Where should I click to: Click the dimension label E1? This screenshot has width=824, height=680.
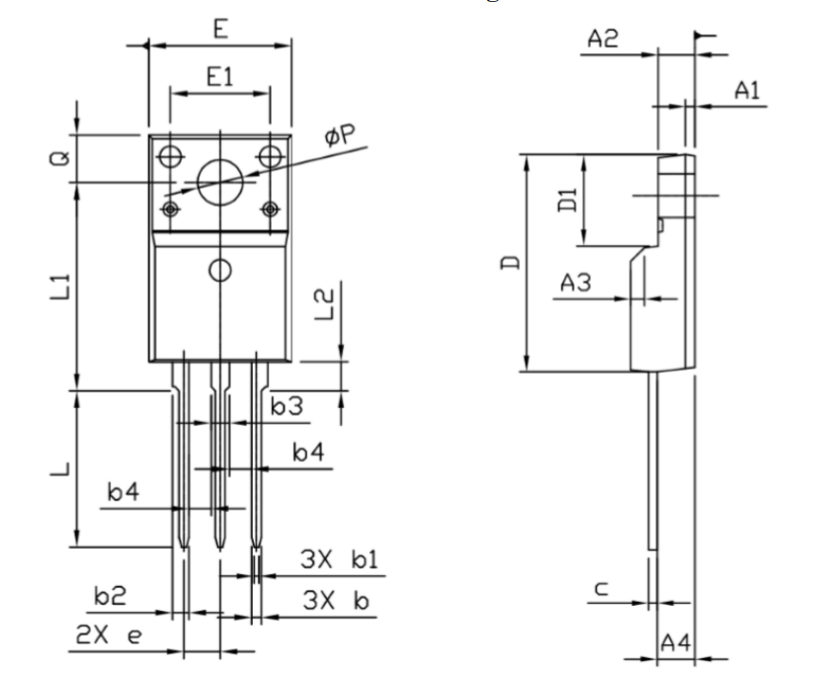click(219, 77)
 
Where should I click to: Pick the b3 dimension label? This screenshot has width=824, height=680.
click(287, 404)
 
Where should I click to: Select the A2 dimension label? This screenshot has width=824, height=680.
click(604, 40)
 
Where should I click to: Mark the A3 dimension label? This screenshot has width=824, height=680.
click(576, 284)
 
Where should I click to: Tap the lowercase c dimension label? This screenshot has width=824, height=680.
click(602, 590)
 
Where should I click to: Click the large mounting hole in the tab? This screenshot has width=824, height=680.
click(219, 181)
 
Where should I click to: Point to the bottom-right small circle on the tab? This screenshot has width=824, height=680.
click(269, 209)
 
